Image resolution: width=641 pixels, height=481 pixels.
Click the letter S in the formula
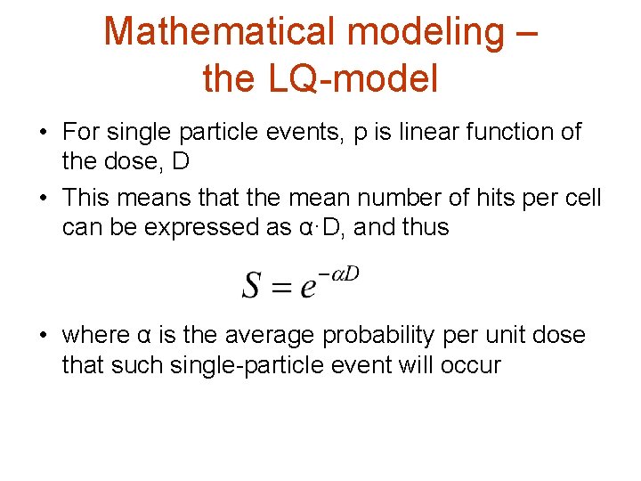[x=252, y=286]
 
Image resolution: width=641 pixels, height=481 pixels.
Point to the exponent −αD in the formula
[x=339, y=273]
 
